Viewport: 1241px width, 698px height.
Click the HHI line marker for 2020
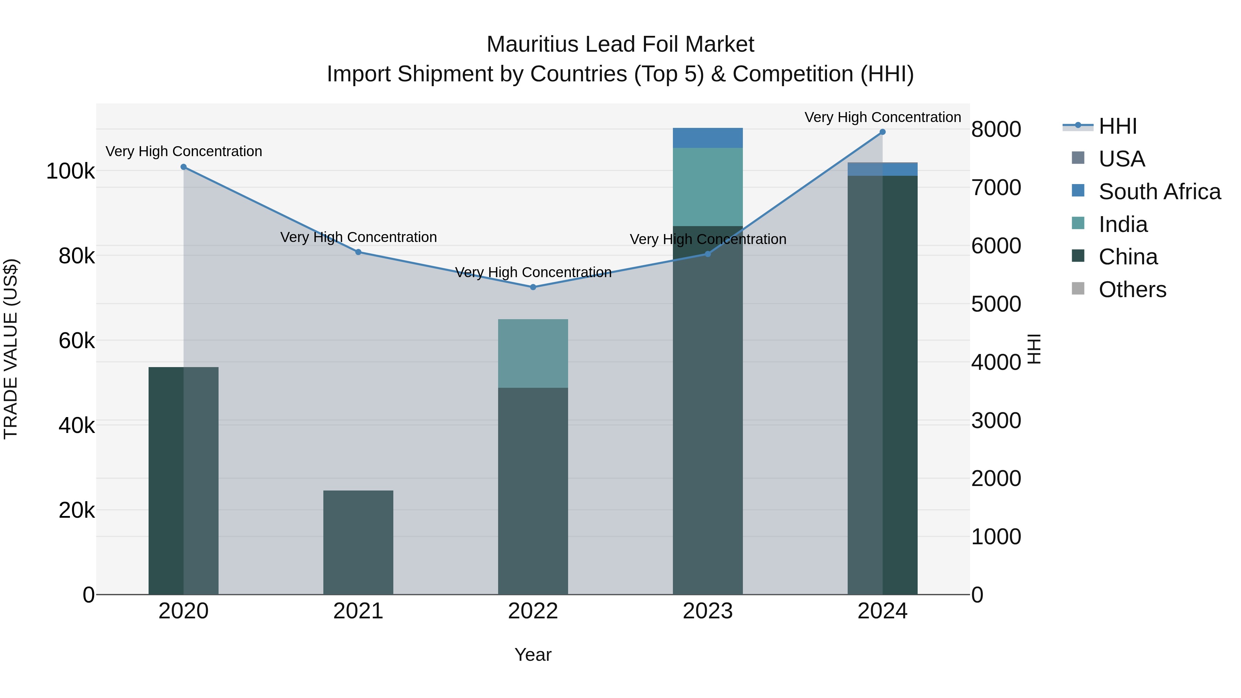pyautogui.click(x=183, y=167)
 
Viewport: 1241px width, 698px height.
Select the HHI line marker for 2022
pyautogui.click(x=533, y=287)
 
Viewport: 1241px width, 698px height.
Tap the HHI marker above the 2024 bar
pyautogui.click(x=882, y=132)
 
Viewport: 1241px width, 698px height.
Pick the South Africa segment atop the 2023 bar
pyautogui.click(x=708, y=138)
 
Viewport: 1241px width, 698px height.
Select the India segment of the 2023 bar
pyautogui.click(x=708, y=186)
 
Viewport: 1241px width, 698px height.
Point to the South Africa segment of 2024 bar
pyautogui.click(x=882, y=169)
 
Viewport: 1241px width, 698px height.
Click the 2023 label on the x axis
pyautogui.click(x=708, y=611)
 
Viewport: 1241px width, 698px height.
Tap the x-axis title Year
pyautogui.click(x=533, y=655)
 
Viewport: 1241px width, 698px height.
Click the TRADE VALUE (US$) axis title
pyautogui.click(x=11, y=349)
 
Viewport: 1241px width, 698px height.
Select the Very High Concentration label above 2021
pyautogui.click(x=359, y=237)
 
